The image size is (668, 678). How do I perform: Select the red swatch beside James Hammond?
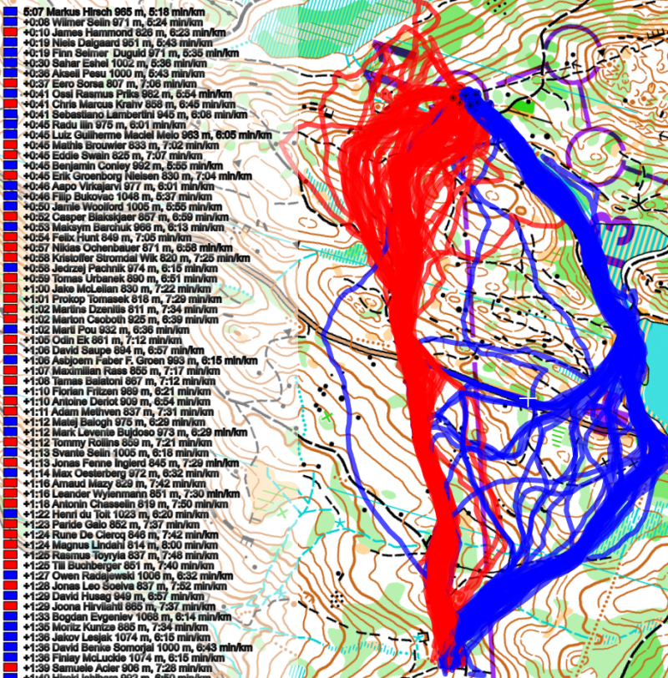[x=8, y=32]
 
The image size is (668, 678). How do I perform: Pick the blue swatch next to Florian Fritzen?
[x=8, y=387]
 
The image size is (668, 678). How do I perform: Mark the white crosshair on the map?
[x=529, y=402]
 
